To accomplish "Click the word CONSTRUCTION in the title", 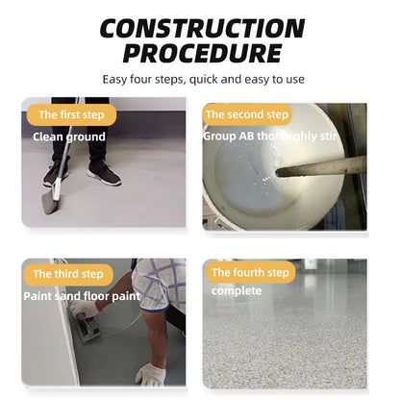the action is click(202, 28).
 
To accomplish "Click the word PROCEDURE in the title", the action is click(202, 53).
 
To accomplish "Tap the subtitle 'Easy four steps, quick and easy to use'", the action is click(203, 79).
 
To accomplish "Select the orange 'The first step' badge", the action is click(71, 114).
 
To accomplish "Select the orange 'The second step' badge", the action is click(247, 114).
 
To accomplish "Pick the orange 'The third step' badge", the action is click(68, 274).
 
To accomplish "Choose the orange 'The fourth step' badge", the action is click(250, 272).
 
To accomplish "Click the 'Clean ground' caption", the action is click(69, 137).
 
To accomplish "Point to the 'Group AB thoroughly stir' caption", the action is click(269, 137).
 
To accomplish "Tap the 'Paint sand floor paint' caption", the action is click(82, 296).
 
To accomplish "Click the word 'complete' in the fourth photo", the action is click(237, 291).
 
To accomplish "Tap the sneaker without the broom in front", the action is click(103, 175).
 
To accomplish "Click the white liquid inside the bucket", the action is click(253, 180).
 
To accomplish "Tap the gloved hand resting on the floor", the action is click(150, 374).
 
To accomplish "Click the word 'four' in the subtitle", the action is click(140, 79).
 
